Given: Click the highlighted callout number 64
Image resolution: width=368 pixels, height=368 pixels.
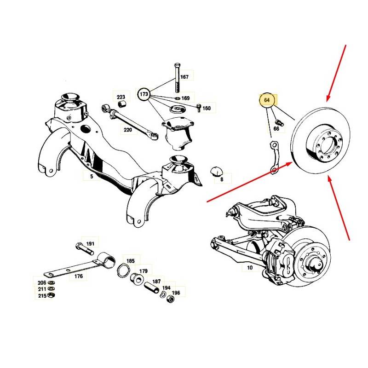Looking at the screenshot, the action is (267, 100).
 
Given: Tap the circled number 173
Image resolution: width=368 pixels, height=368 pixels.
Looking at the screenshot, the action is (144, 94).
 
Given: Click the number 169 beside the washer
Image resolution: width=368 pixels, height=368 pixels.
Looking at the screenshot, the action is (185, 98).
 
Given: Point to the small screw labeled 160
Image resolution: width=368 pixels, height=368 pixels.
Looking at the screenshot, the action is (199, 108).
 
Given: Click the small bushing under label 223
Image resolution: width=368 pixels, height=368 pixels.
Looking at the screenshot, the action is (121, 103).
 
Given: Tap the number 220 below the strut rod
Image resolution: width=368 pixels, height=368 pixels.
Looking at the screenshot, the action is (128, 130).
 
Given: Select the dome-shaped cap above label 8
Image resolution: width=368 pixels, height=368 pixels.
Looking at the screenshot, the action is (216, 171).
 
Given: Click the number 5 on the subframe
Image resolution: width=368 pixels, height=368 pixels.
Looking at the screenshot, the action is (92, 176).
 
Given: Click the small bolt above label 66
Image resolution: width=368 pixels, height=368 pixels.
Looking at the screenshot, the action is (279, 122).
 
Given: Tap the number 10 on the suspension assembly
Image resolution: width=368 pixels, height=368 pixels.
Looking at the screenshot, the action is (250, 267).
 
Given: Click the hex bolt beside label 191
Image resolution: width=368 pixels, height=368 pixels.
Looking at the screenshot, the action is (85, 249).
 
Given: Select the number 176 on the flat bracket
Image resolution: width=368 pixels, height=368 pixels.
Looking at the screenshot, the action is (79, 276).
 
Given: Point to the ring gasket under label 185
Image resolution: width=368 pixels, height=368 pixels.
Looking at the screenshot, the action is (123, 270).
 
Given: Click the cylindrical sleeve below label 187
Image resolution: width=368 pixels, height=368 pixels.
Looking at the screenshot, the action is (153, 288).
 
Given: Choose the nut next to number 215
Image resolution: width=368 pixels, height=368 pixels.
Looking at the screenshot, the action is (51, 295).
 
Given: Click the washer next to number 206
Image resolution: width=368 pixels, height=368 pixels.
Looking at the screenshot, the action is (50, 282).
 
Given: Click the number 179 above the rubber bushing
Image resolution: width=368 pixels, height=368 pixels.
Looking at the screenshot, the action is (144, 271).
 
